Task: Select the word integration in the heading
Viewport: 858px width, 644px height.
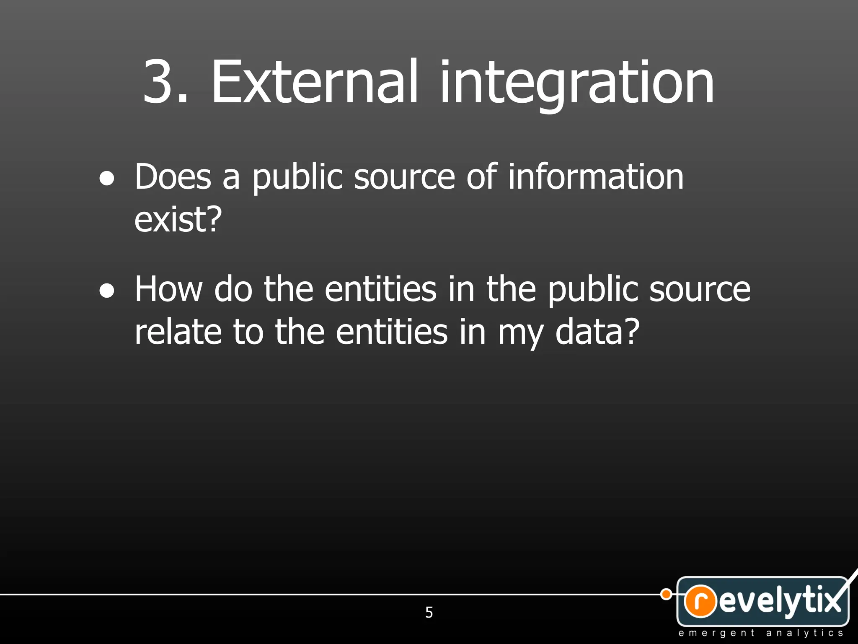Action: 576,84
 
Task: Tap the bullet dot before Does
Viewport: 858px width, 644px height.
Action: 107,179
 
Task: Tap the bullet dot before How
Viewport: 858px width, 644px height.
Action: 107,291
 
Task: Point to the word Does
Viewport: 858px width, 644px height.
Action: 173,177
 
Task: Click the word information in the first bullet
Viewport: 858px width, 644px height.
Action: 596,177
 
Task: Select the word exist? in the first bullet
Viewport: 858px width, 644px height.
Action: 178,220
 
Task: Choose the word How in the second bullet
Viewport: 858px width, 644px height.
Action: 168,289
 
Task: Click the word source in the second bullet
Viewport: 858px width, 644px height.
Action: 700,290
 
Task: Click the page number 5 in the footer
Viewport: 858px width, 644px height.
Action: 429,613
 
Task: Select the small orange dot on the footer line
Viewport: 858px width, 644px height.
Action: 666,594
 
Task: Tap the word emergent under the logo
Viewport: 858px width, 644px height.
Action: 716,633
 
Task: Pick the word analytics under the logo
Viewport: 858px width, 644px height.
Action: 804,633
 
